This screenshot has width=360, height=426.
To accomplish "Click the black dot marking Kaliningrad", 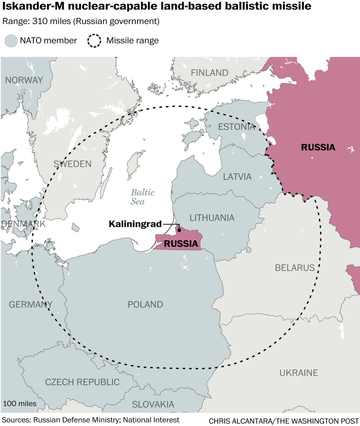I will [x=179, y=229].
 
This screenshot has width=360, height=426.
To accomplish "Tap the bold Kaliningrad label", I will [x=135, y=224].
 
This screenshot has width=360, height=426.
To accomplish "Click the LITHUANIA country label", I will [x=212, y=218].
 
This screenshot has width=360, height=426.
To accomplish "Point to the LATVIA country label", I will [x=237, y=177].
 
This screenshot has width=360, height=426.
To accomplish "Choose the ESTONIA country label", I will [x=236, y=127].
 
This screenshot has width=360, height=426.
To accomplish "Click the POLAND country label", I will [x=145, y=304].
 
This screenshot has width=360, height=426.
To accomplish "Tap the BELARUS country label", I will [x=295, y=268].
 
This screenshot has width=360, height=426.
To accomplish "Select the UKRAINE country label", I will [x=299, y=373].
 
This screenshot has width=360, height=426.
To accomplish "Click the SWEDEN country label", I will [x=72, y=164].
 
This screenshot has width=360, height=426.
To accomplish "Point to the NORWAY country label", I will [x=24, y=80].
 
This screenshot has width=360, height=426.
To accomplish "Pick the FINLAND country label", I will [x=209, y=73].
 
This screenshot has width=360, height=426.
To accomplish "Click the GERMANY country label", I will [x=31, y=304].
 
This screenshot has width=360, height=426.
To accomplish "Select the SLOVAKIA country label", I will [x=153, y=404].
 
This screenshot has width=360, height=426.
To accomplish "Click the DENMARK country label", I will [x=23, y=224].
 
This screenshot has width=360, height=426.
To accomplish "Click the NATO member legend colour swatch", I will [x=10, y=41].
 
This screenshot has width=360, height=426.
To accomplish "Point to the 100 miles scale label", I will [x=20, y=403].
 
